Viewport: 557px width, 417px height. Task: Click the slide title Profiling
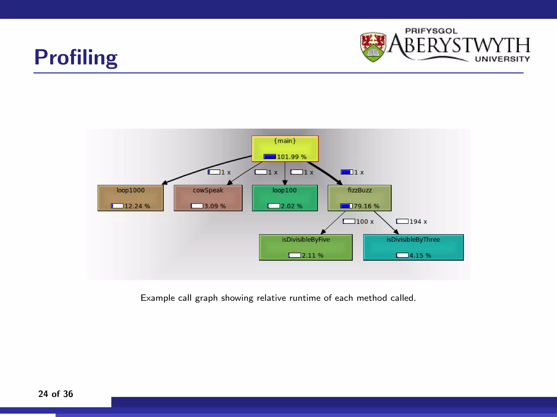[76, 58]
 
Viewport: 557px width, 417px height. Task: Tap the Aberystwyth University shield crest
[373, 47]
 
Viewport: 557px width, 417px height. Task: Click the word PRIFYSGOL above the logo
[431, 31]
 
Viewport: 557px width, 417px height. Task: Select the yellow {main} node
[285, 149]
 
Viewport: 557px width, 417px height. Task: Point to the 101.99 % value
[292, 157]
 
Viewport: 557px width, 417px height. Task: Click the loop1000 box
[131, 198]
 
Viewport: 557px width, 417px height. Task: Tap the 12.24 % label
[137, 206]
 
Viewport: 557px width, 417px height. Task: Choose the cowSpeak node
[208, 198]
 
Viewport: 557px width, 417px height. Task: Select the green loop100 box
[285, 198]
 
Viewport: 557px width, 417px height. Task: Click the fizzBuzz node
[360, 198]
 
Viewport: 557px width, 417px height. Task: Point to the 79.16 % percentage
[366, 206]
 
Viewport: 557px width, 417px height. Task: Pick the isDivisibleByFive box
[306, 247]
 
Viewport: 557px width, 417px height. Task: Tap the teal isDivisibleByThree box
[413, 247]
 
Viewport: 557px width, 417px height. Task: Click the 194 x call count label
[418, 222]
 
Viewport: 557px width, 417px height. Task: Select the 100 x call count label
[365, 222]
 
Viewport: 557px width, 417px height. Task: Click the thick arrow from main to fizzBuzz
[325, 173]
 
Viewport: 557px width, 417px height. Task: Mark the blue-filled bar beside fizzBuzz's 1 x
[347, 172]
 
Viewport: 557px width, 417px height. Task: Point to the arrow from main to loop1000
[207, 169]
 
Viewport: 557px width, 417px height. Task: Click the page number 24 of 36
[55, 394]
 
